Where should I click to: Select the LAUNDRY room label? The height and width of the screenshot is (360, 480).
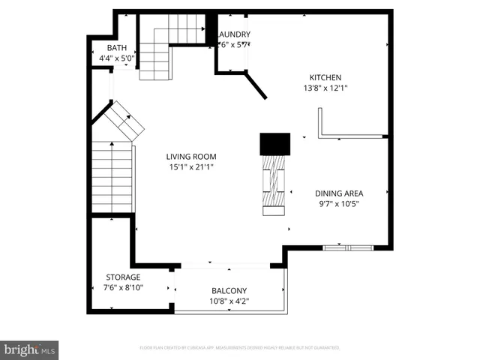tap(233, 34)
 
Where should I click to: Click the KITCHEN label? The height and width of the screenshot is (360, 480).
tap(325, 77)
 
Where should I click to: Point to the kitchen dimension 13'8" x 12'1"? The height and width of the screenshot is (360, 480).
tap(325, 88)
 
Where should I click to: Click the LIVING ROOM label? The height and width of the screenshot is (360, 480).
tap(190, 157)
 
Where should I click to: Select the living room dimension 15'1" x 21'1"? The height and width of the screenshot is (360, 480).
tap(190, 167)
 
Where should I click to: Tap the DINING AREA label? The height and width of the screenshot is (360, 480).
tap(339, 193)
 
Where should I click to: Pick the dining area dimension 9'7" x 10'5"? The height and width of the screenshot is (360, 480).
tap(339, 203)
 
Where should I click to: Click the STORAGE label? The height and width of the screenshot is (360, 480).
tap(121, 277)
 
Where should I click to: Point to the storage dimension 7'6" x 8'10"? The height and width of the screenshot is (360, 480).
tap(121, 287)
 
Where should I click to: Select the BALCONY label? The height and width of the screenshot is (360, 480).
tap(229, 291)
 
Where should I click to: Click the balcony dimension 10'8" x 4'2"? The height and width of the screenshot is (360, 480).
tap(229, 301)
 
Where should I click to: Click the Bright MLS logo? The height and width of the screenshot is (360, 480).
tap(30, 349)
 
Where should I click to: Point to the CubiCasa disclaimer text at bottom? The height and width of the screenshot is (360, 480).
tap(240, 348)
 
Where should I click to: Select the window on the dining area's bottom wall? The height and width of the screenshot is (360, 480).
tap(346, 247)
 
